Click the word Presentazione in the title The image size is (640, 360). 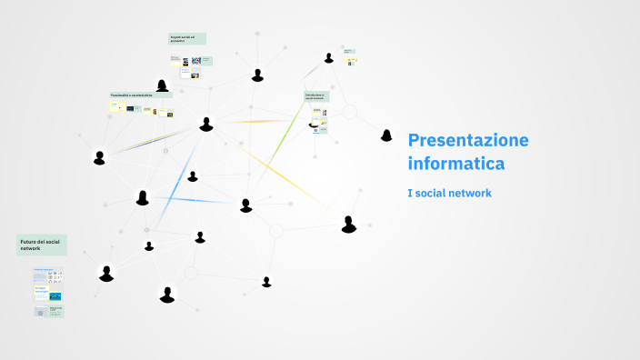pos(468,140)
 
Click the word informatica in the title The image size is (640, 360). pos(456,165)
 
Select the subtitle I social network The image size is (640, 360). pos(449,194)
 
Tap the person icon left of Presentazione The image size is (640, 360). pos(386,135)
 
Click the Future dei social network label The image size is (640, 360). pos(41,245)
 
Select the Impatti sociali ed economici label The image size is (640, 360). pos(186,39)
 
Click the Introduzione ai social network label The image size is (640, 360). pos(316,95)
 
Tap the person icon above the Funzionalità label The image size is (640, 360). pos(162,85)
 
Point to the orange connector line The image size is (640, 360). pos(264,121)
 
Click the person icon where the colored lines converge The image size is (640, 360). pos(206,124)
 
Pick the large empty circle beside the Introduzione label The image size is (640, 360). pos(349,113)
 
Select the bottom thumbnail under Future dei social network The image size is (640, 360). pos(48,311)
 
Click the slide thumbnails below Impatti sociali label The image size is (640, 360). pos(190,66)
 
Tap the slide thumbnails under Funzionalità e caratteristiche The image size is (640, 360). pos(141,109)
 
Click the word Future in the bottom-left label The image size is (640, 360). pos(26,241)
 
